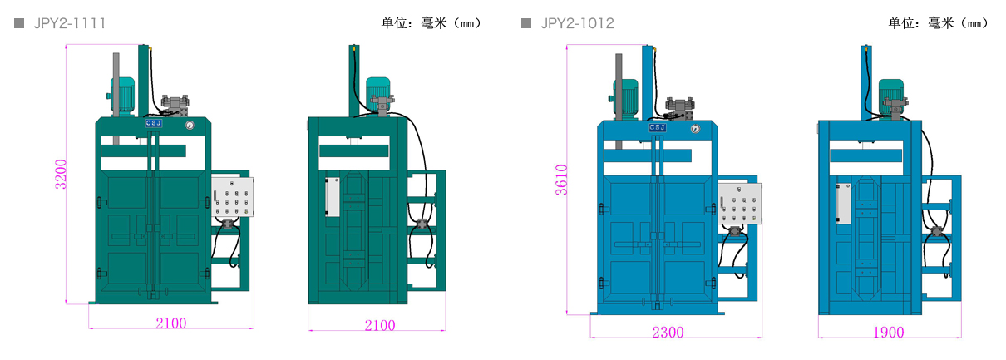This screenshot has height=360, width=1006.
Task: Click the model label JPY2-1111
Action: [x=70, y=23]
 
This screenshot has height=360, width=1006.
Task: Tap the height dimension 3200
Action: [x=61, y=175]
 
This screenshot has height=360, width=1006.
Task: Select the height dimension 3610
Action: [x=562, y=180]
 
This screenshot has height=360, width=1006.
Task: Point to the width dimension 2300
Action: [x=668, y=333]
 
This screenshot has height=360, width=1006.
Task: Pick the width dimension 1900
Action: [x=888, y=333]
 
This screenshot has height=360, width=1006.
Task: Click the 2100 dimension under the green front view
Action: [x=171, y=323]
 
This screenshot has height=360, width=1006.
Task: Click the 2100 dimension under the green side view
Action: [x=380, y=325]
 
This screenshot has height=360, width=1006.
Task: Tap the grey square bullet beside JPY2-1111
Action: [x=19, y=23]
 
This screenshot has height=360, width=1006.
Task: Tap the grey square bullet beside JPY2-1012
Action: [x=526, y=23]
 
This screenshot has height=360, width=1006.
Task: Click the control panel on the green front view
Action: [x=232, y=199]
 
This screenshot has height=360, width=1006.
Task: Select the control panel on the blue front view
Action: [x=739, y=205]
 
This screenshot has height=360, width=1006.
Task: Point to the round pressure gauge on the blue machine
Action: [x=694, y=129]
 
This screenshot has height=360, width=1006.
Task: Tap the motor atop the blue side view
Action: [x=890, y=90]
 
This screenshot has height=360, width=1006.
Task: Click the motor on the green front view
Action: [x=123, y=93]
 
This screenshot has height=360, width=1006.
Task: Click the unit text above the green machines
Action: [x=429, y=23]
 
